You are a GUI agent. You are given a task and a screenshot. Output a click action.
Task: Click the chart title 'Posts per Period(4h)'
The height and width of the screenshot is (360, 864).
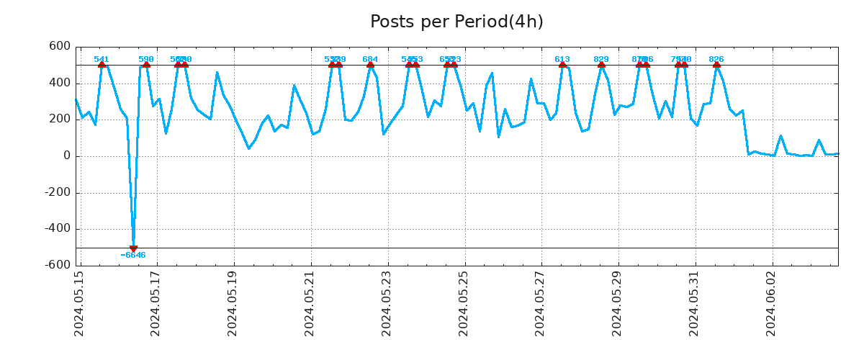click(x=456, y=22)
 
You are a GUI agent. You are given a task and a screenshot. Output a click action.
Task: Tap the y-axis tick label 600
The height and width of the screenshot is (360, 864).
click(x=60, y=46)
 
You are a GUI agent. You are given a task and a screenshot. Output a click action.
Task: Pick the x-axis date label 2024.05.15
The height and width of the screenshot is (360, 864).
click(x=79, y=303)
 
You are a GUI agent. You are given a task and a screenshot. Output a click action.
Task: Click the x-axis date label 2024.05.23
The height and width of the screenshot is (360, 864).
click(x=387, y=303)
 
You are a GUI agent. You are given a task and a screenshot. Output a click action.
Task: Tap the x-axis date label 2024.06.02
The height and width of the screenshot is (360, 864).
click(x=771, y=303)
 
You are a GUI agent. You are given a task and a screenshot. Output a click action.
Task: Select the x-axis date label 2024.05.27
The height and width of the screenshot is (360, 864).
click(x=541, y=303)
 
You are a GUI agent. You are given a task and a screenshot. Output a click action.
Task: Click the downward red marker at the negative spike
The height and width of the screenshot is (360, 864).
click(x=133, y=248)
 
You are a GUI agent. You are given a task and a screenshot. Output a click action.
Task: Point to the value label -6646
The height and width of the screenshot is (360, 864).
click(x=133, y=256)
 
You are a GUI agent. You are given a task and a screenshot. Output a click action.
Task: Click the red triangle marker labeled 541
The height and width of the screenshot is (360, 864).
click(x=102, y=65)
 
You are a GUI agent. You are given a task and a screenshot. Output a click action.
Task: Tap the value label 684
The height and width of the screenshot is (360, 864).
click(x=370, y=59)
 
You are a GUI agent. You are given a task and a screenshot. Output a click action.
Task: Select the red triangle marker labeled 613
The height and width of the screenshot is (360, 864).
click(x=562, y=65)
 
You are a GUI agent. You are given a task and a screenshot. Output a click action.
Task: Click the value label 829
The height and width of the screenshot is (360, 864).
click(x=601, y=59)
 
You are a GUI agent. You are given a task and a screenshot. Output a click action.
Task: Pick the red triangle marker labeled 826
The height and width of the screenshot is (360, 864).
click(x=716, y=65)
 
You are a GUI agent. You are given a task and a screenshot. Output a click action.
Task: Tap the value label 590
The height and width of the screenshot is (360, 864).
click(x=146, y=59)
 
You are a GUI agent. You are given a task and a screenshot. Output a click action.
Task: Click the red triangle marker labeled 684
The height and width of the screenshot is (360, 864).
click(x=370, y=65)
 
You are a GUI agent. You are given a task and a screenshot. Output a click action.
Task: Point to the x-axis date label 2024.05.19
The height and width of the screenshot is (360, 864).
click(x=233, y=303)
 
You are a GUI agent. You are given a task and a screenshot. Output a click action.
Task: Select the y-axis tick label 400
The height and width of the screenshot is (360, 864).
click(x=60, y=83)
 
